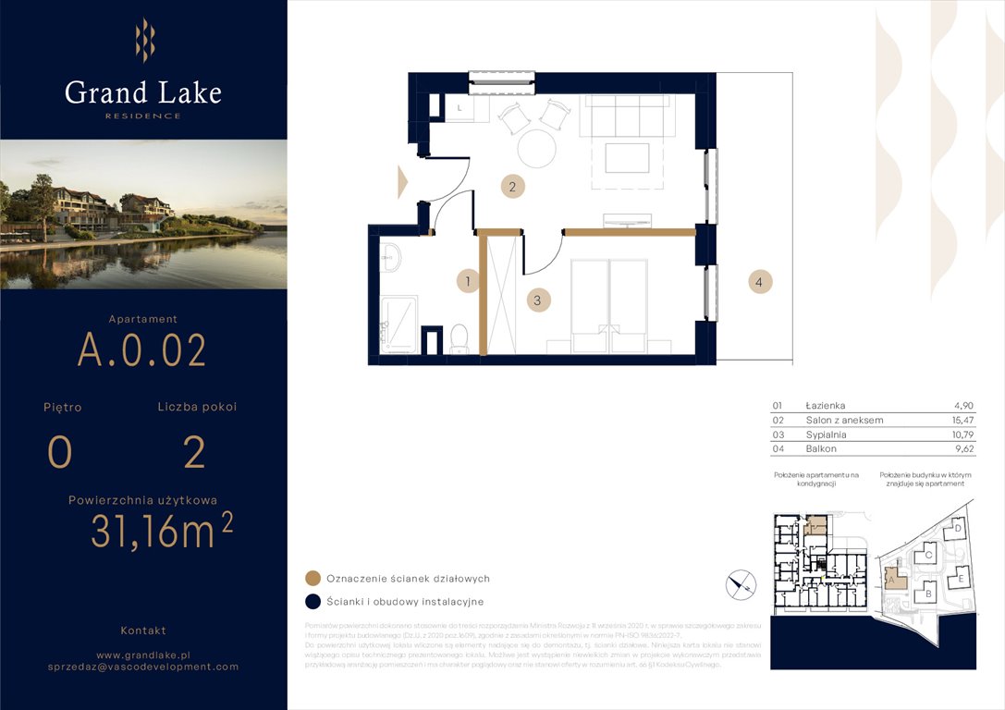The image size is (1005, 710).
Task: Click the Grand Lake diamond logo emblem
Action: click(x=144, y=41)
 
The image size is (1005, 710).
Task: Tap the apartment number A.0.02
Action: click(x=141, y=350)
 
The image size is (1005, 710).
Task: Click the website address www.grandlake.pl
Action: click(x=142, y=653)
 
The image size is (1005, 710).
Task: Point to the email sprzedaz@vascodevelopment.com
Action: click(x=142, y=667)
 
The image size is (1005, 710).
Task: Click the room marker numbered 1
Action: click(x=469, y=281)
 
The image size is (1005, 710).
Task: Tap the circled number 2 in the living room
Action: click(x=513, y=187)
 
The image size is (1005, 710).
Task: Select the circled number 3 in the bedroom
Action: click(x=537, y=300)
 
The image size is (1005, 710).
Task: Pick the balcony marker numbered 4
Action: click(x=760, y=283)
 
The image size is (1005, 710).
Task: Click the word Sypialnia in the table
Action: click(x=826, y=435)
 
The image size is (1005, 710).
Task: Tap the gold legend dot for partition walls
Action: click(x=313, y=579)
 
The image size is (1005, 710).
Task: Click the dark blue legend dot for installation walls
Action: click(x=313, y=602)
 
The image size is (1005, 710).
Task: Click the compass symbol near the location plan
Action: click(x=741, y=583)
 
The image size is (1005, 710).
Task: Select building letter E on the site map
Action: click(x=961, y=579)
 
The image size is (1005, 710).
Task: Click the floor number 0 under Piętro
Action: click(x=60, y=453)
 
